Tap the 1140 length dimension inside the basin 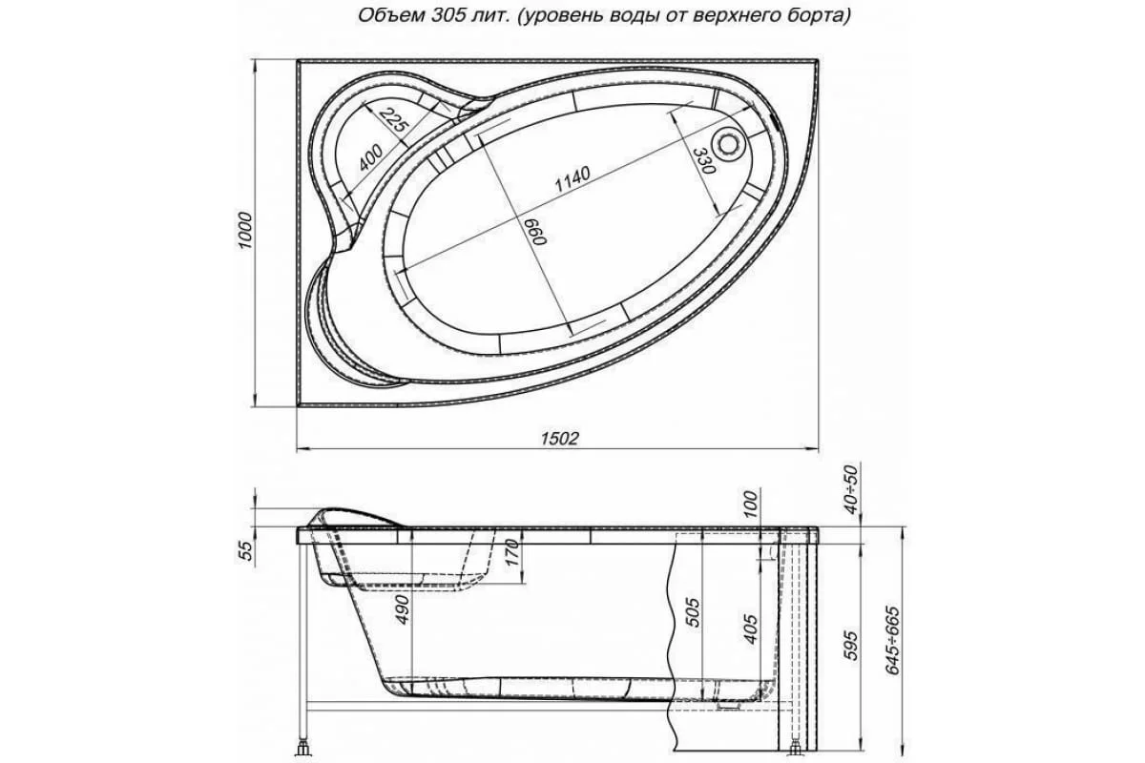click(x=572, y=179)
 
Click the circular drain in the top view click(x=730, y=144)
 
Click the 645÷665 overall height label click(x=892, y=639)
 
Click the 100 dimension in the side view click(x=751, y=502)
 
